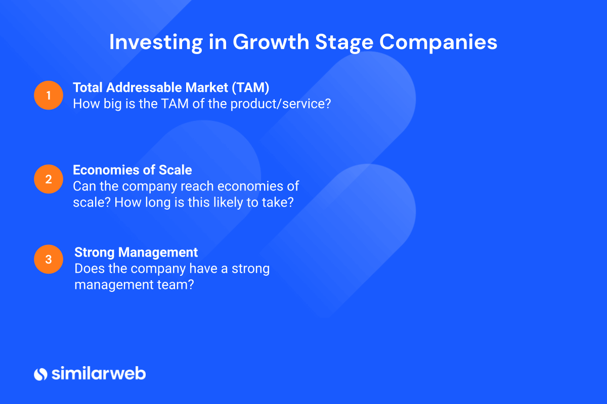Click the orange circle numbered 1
pyautogui.click(x=49, y=95)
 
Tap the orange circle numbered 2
pyautogui.click(x=49, y=179)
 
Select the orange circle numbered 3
pyautogui.click(x=49, y=259)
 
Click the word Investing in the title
pyautogui.click(x=156, y=43)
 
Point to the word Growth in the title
pyautogui.click(x=271, y=42)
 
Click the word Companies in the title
pyautogui.click(x=438, y=43)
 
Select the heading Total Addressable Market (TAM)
pyautogui.click(x=171, y=88)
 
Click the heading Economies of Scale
pyautogui.click(x=133, y=170)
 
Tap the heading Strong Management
pyautogui.click(x=136, y=252)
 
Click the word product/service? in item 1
pyautogui.click(x=281, y=104)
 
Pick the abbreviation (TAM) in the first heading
pyautogui.click(x=251, y=88)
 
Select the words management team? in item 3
pyautogui.click(x=134, y=285)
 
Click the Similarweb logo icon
pyautogui.click(x=40, y=374)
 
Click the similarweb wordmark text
pyautogui.click(x=99, y=373)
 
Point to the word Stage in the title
pyautogui.click(x=344, y=43)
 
